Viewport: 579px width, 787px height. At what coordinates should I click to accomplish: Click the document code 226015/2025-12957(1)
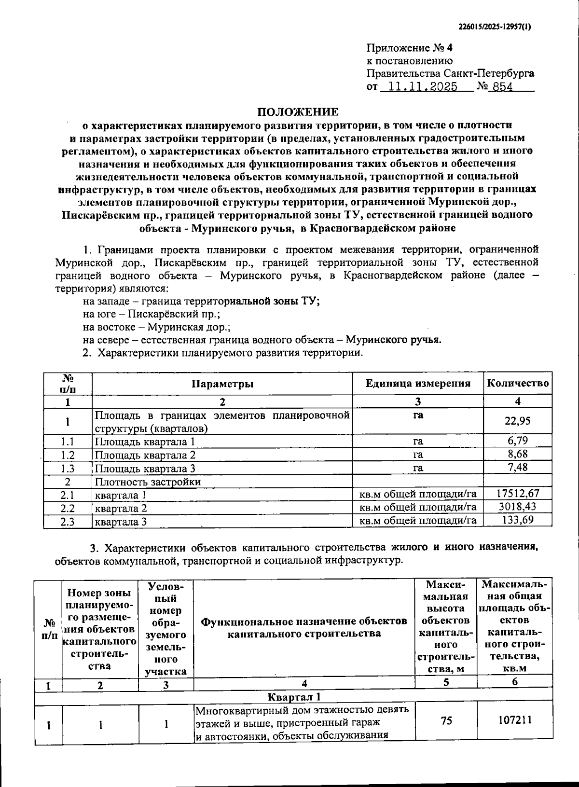coord(494,27)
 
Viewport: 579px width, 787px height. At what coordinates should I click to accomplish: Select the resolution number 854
coord(501,87)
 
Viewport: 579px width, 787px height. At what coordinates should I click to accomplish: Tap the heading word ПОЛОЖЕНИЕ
coord(298,112)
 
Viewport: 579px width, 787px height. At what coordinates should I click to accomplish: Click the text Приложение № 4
coord(410,48)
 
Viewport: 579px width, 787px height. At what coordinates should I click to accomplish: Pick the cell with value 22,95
coord(517,421)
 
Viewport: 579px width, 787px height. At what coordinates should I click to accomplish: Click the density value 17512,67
coord(517,493)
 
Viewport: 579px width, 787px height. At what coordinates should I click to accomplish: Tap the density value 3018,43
coord(517,507)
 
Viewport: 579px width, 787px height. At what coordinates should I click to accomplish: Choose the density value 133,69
coord(517,520)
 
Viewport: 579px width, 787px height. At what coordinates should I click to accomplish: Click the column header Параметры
coord(222,384)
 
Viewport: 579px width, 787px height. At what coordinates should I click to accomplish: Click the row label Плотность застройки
coord(148,482)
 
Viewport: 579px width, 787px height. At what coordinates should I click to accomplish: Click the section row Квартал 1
coord(294,696)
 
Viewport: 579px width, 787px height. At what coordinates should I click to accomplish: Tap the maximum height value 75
coord(446,720)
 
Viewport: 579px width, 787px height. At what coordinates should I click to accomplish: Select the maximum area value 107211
coord(514,720)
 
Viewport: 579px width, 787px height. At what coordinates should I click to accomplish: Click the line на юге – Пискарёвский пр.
coord(152,314)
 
